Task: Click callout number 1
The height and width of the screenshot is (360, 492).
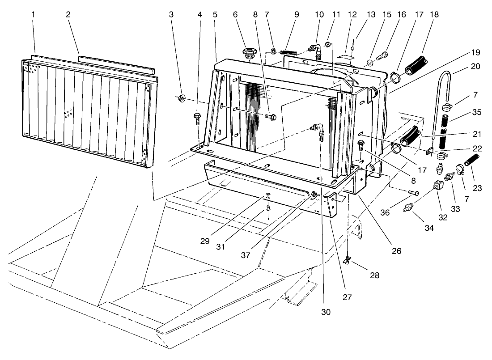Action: pyautogui.click(x=34, y=14)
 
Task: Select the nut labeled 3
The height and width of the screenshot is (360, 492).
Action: pyautogui.click(x=182, y=98)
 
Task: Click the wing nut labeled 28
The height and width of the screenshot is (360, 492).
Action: pyautogui.click(x=347, y=261)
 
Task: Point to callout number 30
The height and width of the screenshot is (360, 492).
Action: pyautogui.click(x=326, y=312)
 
